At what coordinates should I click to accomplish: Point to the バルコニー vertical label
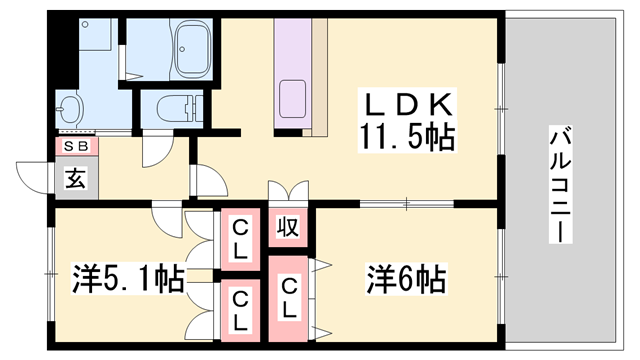coord(560,186)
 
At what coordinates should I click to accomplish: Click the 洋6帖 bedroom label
coord(405,275)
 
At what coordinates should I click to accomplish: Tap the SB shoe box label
coord(76,147)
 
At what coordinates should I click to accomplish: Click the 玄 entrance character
coord(76,179)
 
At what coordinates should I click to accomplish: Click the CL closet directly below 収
coord(289,298)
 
